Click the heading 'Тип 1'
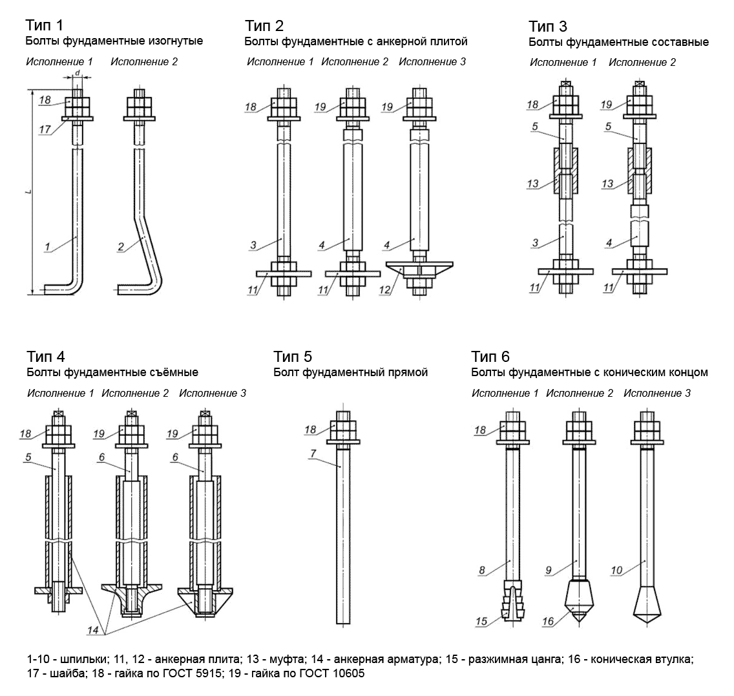45,26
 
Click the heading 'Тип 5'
292,357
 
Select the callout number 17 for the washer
45,130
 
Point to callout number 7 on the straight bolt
313,453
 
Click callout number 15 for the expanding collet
481,622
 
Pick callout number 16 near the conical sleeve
548,622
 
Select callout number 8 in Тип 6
481,569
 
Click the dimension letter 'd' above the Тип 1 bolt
78,72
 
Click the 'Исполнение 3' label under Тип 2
432,62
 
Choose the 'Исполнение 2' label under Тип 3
642,63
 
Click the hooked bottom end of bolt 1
61,288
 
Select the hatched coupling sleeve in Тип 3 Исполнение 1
565,171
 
